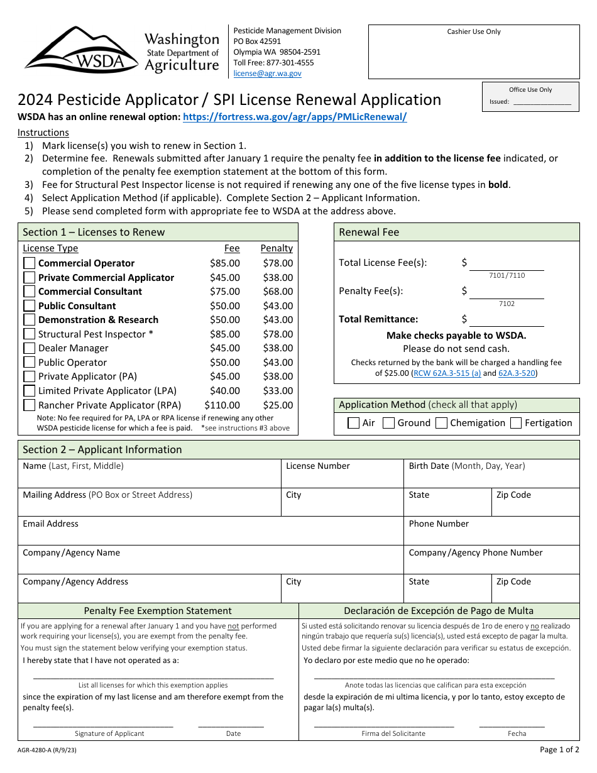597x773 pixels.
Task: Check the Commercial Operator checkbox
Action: pos(30,263)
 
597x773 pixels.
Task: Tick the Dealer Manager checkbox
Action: pos(30,348)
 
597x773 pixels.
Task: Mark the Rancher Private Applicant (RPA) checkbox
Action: pos(30,405)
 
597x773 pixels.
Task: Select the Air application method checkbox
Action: pos(354,423)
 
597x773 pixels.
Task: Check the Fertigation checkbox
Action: pos(516,423)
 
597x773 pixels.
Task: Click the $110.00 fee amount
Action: pos(222,405)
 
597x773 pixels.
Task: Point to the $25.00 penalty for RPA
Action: pos(278,405)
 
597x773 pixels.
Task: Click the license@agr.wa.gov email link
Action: pos(267,74)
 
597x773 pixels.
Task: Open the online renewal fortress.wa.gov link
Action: pos(294,117)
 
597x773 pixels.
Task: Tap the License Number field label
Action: pos(317,466)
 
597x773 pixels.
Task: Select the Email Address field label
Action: pos(50,524)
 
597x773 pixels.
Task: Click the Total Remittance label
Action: pos(378,319)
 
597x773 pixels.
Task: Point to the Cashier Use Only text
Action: pos(474,32)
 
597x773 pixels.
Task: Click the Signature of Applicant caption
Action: pos(109,733)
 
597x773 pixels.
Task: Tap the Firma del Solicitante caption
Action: pos(393,733)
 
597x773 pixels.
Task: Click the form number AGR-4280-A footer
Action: pos(47,750)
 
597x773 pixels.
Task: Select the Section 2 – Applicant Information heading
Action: pos(102,450)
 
